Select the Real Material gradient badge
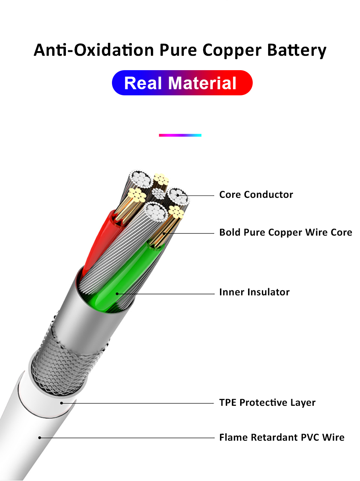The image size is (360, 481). tap(182, 83)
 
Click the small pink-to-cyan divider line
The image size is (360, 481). tap(180, 135)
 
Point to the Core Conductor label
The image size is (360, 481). tap(256, 195)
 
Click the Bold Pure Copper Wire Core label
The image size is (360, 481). tap(285, 232)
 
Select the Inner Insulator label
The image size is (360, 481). tap(254, 292)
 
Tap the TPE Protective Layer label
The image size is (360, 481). tap(267, 403)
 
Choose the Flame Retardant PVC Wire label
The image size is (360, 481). tap(282, 437)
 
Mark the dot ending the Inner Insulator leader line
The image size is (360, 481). tap(117, 294)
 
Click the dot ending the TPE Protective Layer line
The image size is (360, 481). tap(62, 403)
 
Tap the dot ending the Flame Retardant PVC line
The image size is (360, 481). tap(40, 437)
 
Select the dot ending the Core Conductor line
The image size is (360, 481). tap(178, 196)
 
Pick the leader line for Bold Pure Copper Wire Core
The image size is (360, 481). tap(191, 233)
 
